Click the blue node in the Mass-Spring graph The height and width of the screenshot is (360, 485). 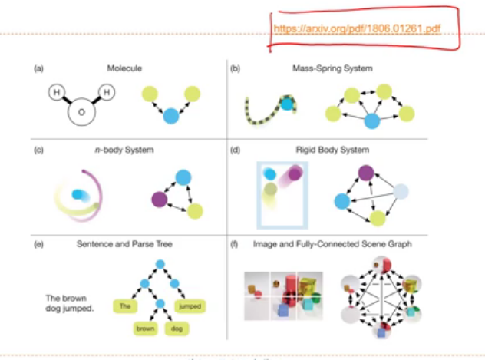coord(372,121)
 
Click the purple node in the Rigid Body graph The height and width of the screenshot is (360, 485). coord(366,174)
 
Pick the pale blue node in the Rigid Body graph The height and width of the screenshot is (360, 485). coord(402,192)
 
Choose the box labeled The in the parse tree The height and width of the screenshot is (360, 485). coord(127,306)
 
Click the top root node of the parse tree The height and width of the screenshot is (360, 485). coord(159,265)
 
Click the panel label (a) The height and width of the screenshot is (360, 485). coord(38,68)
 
